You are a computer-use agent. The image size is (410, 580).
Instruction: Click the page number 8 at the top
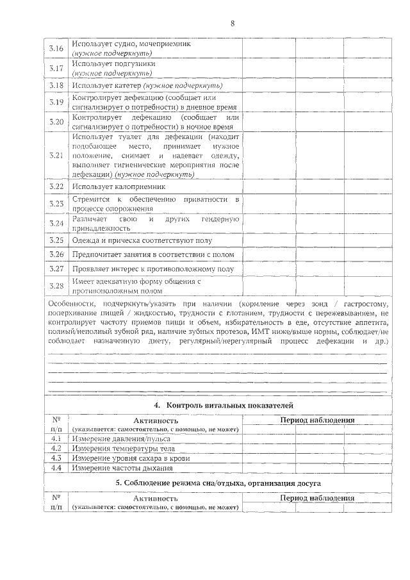pos(233,24)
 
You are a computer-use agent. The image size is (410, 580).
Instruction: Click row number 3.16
pos(56,49)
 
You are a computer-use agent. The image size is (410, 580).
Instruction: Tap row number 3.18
pos(56,85)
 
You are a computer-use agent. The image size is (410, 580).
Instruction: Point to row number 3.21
pos(56,155)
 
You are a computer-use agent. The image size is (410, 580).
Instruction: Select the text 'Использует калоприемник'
pos(119,186)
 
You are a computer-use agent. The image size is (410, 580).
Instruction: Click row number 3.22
pos(56,186)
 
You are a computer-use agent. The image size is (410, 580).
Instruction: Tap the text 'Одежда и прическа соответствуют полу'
pos(142,241)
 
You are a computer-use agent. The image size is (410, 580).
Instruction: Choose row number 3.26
pos(56,255)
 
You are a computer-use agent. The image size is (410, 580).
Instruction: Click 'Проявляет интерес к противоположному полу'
pos(152,269)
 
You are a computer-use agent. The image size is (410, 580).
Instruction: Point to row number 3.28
pos(56,286)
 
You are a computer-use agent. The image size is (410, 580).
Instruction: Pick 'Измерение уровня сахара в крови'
pos(131,458)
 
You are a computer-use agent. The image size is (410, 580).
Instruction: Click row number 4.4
pos(56,468)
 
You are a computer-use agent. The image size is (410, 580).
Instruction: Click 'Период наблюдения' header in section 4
pos(317,420)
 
